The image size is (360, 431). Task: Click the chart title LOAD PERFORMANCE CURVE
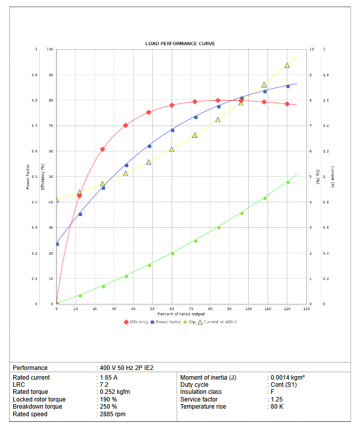pyautogui.click(x=180, y=44)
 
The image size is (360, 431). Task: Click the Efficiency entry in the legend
pyautogui.click(x=138, y=322)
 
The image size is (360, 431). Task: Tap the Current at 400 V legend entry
pyautogui.click(x=220, y=322)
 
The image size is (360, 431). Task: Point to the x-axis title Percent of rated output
pyautogui.click(x=181, y=314)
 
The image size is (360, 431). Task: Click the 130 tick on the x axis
pyautogui.click(x=306, y=309)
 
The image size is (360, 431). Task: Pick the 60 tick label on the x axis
pyautogui.click(x=172, y=309)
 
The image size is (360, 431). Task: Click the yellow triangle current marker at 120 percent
pyautogui.click(x=287, y=66)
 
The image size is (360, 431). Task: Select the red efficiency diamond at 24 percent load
pyautogui.click(x=103, y=149)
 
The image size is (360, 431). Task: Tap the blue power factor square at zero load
pyautogui.click(x=57, y=244)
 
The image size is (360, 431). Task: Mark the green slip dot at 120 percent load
pyautogui.click(x=288, y=182)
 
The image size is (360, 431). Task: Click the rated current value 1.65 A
pyautogui.click(x=108, y=378)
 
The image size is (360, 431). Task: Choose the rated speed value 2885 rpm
pyautogui.click(x=112, y=414)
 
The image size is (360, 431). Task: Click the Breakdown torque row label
pyautogui.click(x=38, y=407)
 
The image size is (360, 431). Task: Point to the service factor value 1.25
pyautogui.click(x=276, y=399)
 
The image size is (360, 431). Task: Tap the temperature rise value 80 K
pyautogui.click(x=277, y=407)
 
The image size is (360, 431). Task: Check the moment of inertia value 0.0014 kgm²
pyautogui.click(x=287, y=378)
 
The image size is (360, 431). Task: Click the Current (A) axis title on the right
pyautogui.click(x=333, y=176)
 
